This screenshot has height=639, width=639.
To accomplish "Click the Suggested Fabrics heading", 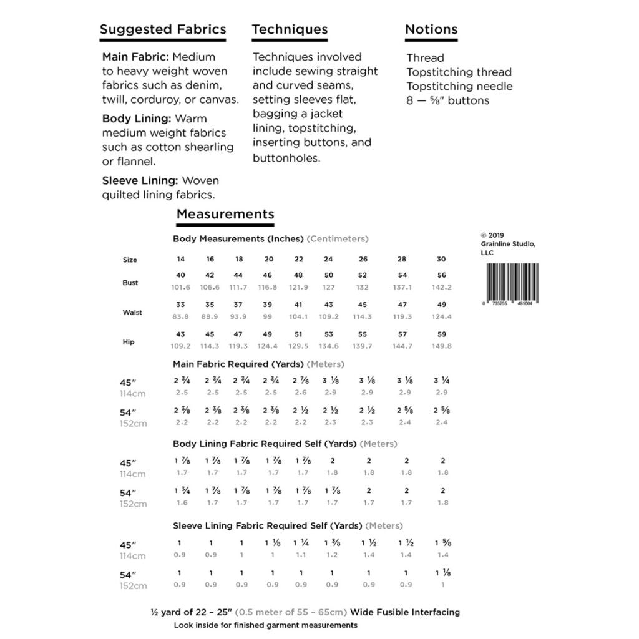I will tap(163, 29).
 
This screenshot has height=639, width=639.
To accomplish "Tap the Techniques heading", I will tap(290, 29).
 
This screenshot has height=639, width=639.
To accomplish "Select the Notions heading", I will tap(431, 29).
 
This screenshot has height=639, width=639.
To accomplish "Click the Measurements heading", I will tap(225, 214).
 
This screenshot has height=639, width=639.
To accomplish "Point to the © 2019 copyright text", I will tap(492, 235).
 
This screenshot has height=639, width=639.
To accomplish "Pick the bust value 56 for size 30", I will tap(442, 275).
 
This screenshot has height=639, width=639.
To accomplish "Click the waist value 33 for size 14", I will tap(180, 305).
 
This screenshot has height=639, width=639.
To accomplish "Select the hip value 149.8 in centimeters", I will tap(442, 346).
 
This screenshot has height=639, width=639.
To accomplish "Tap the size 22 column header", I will tap(298, 259).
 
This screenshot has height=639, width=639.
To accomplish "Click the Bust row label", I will tap(130, 283).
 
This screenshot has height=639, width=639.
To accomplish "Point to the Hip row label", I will tap(128, 342).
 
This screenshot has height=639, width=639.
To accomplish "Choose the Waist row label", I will tap(132, 312).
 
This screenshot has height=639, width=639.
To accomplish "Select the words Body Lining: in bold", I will tap(137, 119).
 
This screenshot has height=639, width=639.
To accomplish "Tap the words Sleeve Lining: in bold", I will tap(140, 181).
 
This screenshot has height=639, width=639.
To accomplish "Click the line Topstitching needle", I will tap(459, 86).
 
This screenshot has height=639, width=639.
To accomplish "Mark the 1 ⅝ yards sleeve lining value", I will tap(442, 543).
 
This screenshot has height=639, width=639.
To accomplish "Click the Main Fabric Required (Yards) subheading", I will tap(238, 364).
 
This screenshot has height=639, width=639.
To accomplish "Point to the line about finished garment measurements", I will tap(266, 625).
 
